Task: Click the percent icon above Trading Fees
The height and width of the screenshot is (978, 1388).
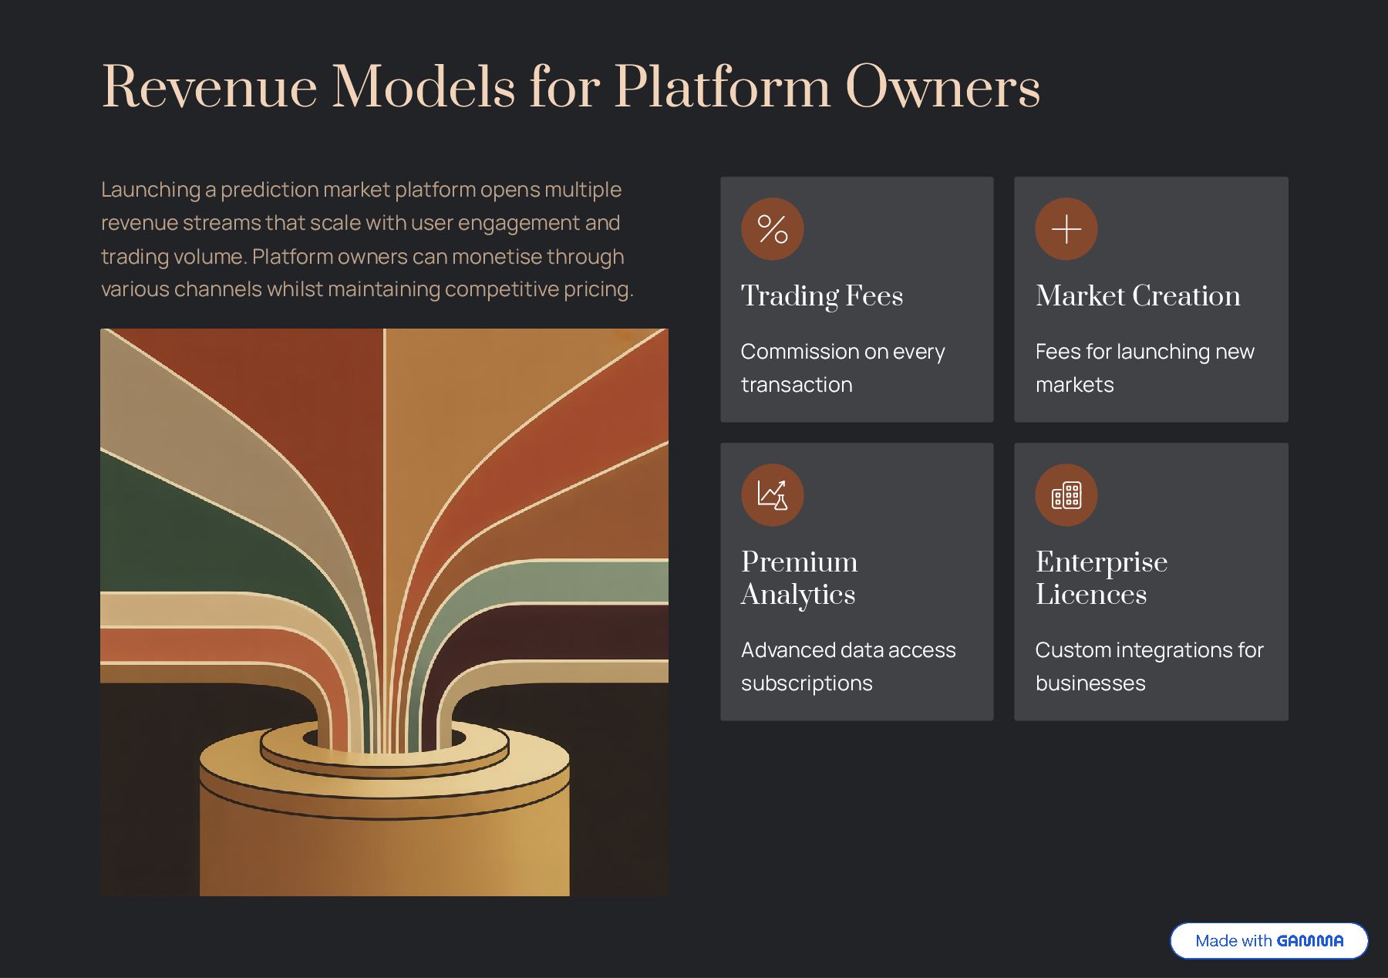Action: tap(772, 229)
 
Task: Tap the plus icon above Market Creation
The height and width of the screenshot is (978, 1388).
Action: tap(1066, 229)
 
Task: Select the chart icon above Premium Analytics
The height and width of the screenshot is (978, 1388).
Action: tap(772, 494)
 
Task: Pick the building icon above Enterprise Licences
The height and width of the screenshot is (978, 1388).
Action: tap(1066, 494)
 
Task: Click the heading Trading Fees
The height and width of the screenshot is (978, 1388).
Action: tap(821, 296)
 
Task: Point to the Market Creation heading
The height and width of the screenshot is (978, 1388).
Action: tap(1137, 296)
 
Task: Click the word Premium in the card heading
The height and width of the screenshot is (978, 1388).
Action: tap(799, 562)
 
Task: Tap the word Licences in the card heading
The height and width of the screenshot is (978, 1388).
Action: tap(1090, 595)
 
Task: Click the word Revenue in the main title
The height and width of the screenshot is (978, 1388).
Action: tap(209, 87)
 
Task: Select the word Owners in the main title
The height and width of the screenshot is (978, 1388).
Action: tap(942, 87)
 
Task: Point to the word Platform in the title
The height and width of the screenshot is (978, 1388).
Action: tap(722, 87)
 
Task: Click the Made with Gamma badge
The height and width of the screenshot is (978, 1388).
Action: tap(1268, 940)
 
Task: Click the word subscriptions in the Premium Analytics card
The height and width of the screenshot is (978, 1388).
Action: tap(807, 683)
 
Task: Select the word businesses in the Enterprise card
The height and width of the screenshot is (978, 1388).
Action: tap(1090, 683)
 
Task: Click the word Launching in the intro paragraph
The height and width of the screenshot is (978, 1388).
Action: tap(150, 190)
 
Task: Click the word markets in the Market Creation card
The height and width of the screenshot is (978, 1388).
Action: tap(1074, 385)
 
